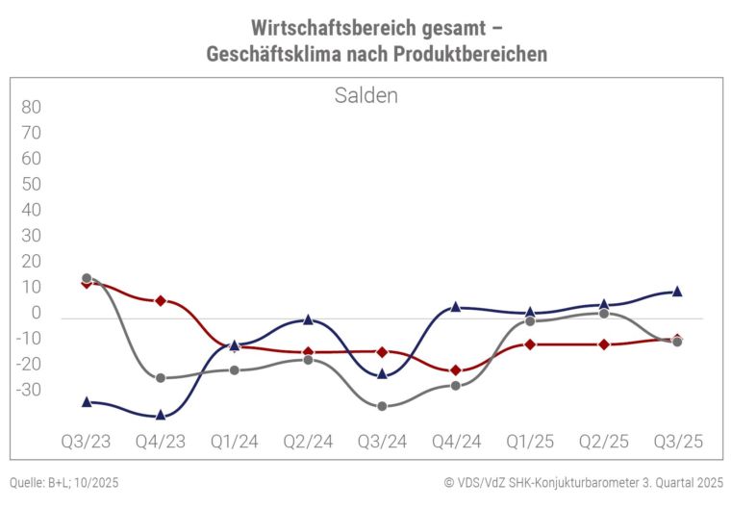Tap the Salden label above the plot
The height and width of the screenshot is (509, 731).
click(365, 95)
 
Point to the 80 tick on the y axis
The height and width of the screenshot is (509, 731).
click(31, 107)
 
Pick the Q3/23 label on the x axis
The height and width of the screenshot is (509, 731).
click(87, 442)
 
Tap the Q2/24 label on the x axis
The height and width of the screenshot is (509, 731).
click(308, 442)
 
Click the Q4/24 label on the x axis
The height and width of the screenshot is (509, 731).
click(456, 442)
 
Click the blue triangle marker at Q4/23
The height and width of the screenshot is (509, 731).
click(161, 415)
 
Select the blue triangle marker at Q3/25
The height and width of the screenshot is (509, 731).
click(677, 291)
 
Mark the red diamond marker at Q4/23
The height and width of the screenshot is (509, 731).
click(161, 300)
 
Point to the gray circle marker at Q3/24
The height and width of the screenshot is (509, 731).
click(382, 406)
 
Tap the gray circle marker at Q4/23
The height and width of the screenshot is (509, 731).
click(161, 378)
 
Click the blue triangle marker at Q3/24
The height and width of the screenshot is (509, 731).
click(382, 373)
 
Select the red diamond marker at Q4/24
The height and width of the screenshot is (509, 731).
click(456, 370)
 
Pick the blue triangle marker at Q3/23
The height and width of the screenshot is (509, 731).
click(87, 401)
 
